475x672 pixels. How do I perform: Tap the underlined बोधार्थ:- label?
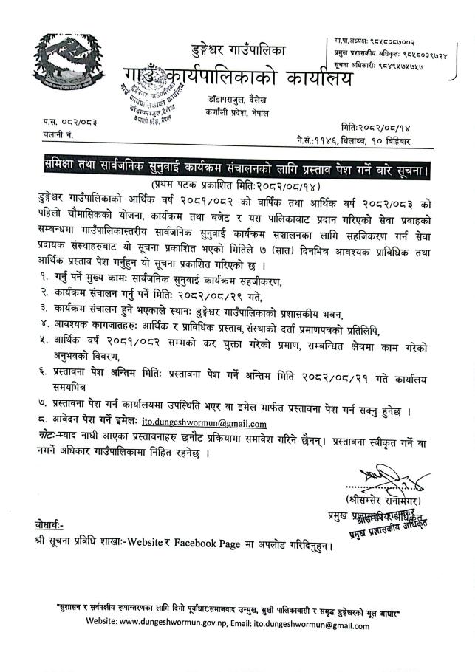pos(49,524)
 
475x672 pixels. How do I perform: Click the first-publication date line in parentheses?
pos(236,182)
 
